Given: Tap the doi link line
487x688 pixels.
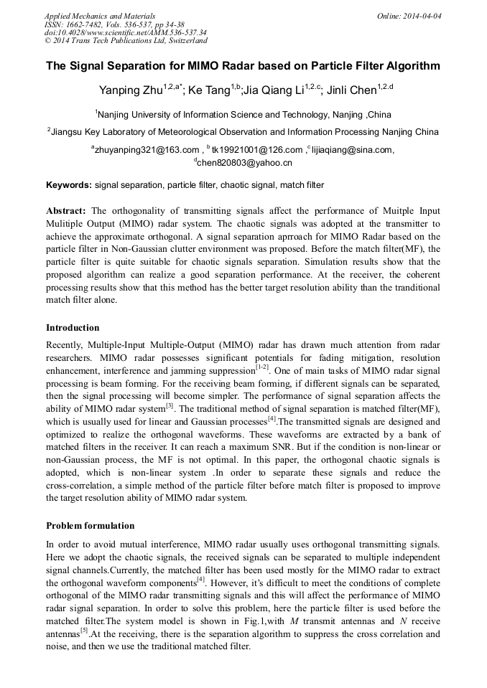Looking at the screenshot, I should coord(126,33).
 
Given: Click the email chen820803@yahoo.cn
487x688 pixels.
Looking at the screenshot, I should coord(244,163).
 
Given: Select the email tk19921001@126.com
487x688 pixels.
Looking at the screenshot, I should coord(257,150).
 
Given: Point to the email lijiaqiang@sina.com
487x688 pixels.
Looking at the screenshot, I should coord(353,150).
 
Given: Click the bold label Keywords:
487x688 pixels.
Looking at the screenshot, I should coord(69,185).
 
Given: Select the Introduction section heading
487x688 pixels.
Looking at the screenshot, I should coord(73,328).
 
